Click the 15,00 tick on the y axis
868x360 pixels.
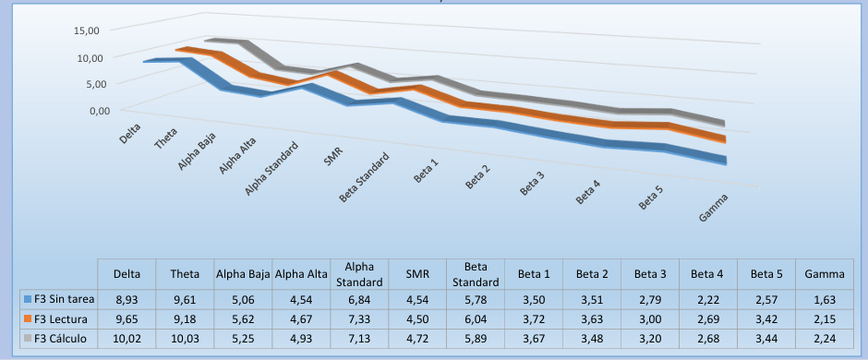[x=86, y=31]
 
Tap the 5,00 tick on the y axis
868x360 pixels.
[x=89, y=84]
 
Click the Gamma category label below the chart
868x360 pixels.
[x=714, y=209]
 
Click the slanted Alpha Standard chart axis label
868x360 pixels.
[x=271, y=169]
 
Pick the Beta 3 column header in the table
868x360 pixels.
[x=649, y=274]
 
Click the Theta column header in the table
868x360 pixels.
[x=185, y=274]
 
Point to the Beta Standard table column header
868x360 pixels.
[x=476, y=274]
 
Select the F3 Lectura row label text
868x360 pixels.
[x=61, y=319]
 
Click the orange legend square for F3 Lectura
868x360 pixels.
[x=29, y=319]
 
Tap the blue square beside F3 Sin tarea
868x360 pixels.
[x=29, y=300]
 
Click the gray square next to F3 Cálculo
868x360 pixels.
[x=29, y=339]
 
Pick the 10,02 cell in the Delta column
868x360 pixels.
[x=127, y=339]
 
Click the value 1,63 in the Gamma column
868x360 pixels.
[x=825, y=300]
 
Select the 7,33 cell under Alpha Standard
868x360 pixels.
[x=360, y=319]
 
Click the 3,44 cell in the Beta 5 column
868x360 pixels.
[x=766, y=339]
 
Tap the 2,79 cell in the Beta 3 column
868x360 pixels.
[x=650, y=300]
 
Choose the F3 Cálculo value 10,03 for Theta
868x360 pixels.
[x=185, y=339]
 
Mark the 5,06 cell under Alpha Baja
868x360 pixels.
[x=243, y=300]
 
